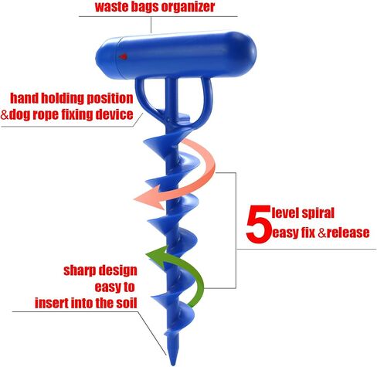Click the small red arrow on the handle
123,56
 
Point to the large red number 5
258,223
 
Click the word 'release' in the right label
348,233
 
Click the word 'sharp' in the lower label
80,271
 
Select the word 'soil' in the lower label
126,303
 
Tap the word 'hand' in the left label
24,98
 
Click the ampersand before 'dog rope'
5,114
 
